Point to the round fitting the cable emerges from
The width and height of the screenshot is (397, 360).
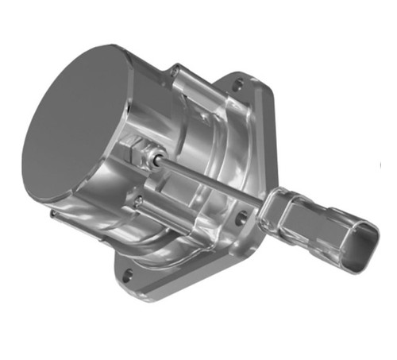point(158,158)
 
